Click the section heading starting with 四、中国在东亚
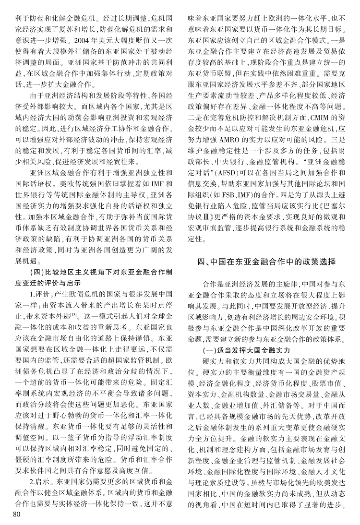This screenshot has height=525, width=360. (264, 262)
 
